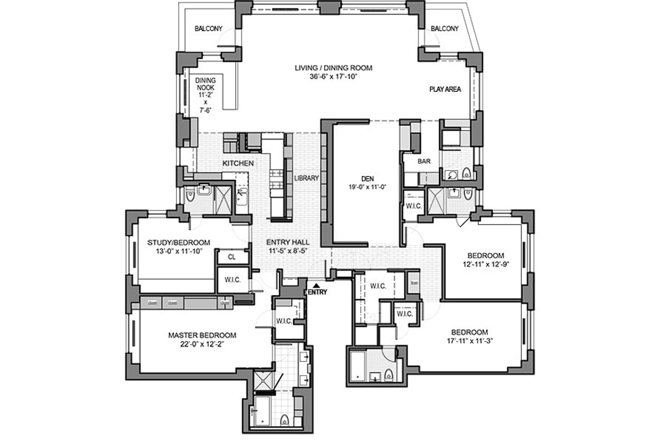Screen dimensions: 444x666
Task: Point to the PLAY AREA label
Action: tap(445, 89)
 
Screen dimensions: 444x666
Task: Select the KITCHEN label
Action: tap(238, 164)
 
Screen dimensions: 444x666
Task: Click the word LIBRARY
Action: tap(307, 178)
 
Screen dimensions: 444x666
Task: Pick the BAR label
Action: tap(425, 162)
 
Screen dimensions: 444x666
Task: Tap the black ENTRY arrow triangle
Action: tap(316, 285)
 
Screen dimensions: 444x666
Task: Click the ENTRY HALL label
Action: tap(288, 243)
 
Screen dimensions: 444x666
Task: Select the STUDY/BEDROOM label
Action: tap(179, 243)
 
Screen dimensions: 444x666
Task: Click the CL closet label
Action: tap(231, 257)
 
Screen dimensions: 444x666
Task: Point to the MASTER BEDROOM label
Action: tap(202, 335)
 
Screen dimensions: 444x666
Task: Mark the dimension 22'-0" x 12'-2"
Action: tap(202, 344)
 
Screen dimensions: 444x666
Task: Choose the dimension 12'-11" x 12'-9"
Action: tap(486, 264)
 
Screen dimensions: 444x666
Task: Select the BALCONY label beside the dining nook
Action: tap(209, 29)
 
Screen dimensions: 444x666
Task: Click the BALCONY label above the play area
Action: tap(445, 29)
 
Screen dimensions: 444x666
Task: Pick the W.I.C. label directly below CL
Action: tap(231, 280)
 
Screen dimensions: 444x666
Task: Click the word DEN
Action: tap(367, 179)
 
